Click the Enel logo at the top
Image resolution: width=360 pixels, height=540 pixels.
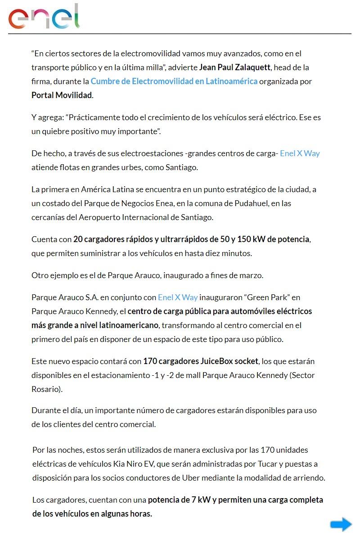(44, 17)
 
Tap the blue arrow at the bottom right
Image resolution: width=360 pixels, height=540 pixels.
(341, 524)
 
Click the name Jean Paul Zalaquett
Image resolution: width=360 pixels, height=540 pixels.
(234, 67)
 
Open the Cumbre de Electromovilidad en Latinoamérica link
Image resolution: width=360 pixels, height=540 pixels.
(174, 81)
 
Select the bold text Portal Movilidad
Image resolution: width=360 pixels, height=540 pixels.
(62, 95)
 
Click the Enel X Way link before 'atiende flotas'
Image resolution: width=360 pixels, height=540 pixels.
(300, 153)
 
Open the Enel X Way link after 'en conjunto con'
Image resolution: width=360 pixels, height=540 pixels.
(178, 297)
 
